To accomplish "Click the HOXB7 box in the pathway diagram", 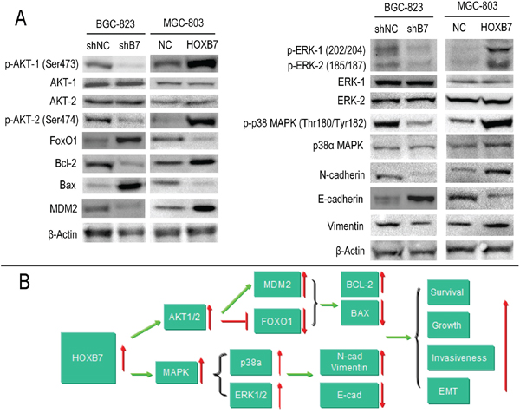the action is click(x=88, y=357).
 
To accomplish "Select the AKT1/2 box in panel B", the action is click(x=185, y=317).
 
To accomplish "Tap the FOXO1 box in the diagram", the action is click(x=277, y=321).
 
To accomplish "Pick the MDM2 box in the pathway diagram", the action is click(x=277, y=285).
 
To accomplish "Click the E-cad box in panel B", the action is click(x=349, y=395).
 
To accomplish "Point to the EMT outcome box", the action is click(x=448, y=390).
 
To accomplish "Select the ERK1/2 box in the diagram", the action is click(x=250, y=395).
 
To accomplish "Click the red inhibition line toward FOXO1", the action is click(x=235, y=321).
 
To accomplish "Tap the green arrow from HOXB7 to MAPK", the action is click(x=143, y=375).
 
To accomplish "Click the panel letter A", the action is click(x=21, y=18).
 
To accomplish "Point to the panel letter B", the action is click(x=24, y=281).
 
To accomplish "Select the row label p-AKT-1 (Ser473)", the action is click(x=42, y=64).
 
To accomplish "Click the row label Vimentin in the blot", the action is click(x=345, y=226).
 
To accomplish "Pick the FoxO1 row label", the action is click(x=63, y=141).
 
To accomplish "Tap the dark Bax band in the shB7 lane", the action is click(x=130, y=186).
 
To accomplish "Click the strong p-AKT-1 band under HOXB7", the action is click(x=201, y=63).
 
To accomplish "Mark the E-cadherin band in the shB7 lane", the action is click(x=420, y=199).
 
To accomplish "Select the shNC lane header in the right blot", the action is click(x=386, y=29).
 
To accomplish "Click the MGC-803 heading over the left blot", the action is click(x=183, y=23).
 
